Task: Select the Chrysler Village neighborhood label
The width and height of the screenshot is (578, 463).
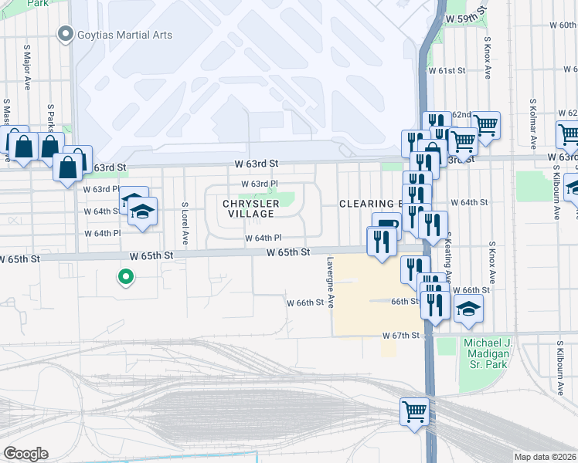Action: (249, 208)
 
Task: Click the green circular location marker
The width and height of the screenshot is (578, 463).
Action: (124, 276)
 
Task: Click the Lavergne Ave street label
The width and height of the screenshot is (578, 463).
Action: (330, 282)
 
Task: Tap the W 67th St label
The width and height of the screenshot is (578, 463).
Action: (400, 336)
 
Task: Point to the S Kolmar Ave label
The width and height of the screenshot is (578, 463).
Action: (533, 123)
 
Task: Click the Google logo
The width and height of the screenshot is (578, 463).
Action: (25, 453)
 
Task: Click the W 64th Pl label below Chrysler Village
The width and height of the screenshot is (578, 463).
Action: (263, 238)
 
